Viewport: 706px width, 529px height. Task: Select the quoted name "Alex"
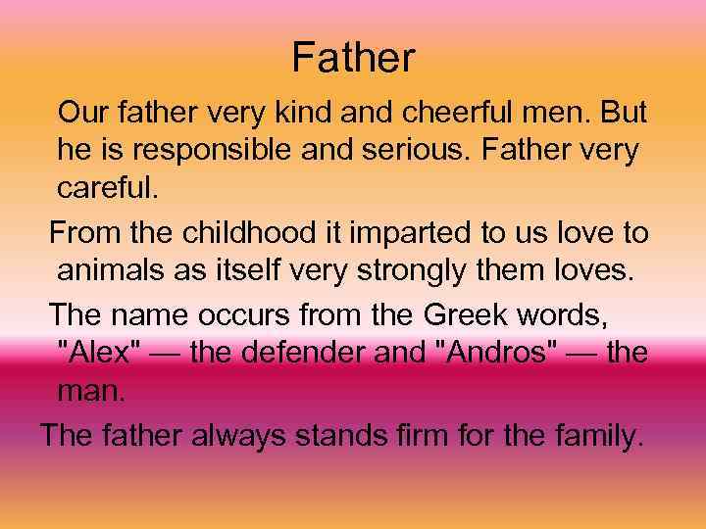pos(96,352)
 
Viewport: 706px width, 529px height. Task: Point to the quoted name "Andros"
pos(502,352)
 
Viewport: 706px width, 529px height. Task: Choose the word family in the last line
pos(596,432)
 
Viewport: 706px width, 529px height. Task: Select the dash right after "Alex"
pos(163,353)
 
